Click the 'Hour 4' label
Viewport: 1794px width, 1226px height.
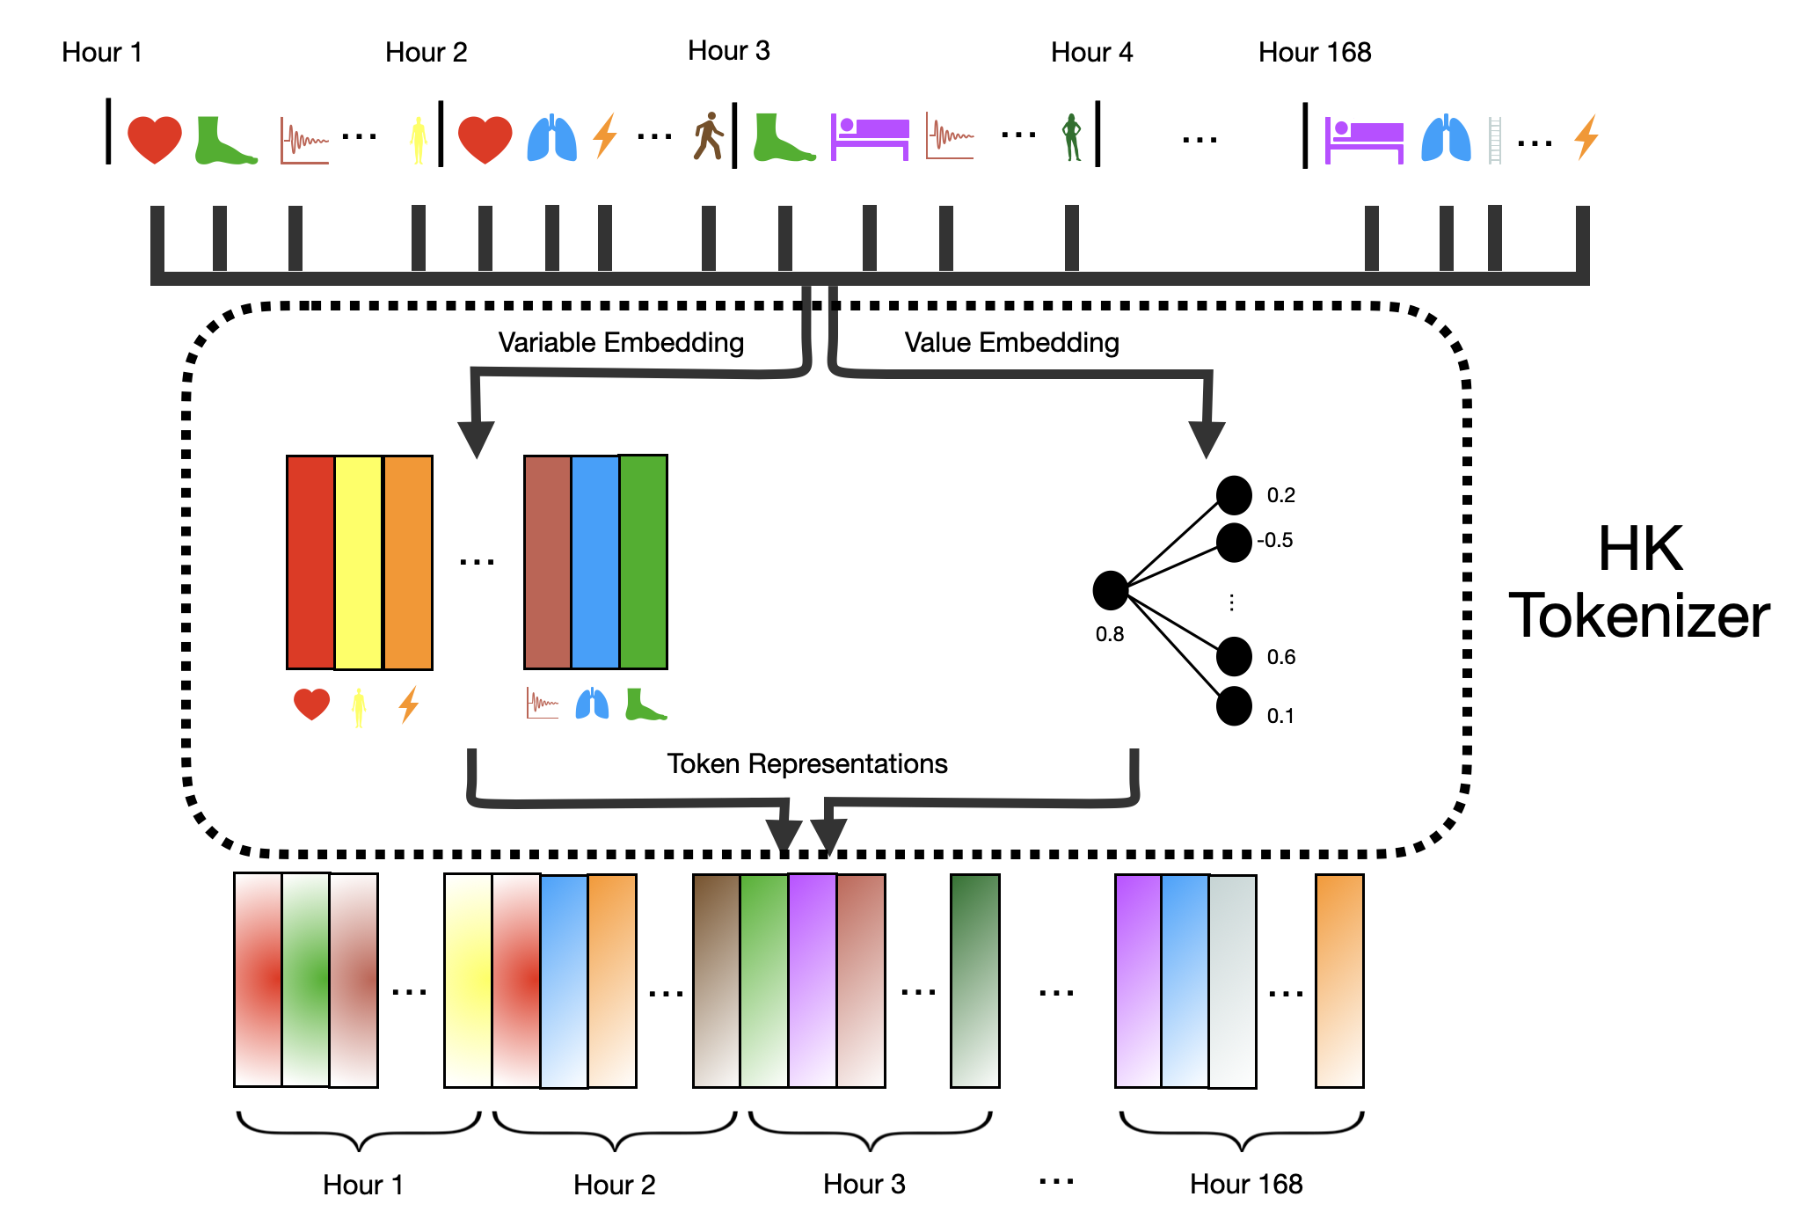click(1091, 53)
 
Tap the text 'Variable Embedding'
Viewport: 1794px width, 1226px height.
click(621, 342)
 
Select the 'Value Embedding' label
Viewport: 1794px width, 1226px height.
click(1011, 342)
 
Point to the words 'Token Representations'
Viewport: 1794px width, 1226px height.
click(806, 763)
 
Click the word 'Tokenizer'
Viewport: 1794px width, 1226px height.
click(1639, 616)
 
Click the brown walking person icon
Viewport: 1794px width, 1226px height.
click(708, 136)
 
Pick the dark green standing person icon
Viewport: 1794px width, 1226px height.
click(1071, 137)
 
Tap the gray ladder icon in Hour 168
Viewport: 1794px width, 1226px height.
click(1494, 141)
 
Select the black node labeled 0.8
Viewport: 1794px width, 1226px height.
click(1111, 590)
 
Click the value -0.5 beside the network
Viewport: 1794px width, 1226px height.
click(1275, 540)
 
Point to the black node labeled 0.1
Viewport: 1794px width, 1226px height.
click(1234, 706)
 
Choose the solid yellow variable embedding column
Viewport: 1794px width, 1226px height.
click(359, 562)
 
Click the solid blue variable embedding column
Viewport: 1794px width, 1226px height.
click(595, 562)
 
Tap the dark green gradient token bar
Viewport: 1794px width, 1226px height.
click(974, 981)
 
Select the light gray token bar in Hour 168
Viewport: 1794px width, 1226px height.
click(1232, 982)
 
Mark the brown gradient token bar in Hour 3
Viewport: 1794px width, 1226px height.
click(716, 981)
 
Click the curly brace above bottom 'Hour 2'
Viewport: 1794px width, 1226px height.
click(615, 1131)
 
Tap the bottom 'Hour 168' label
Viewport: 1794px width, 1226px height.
click(1245, 1184)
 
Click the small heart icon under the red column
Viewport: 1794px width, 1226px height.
click(311, 704)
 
